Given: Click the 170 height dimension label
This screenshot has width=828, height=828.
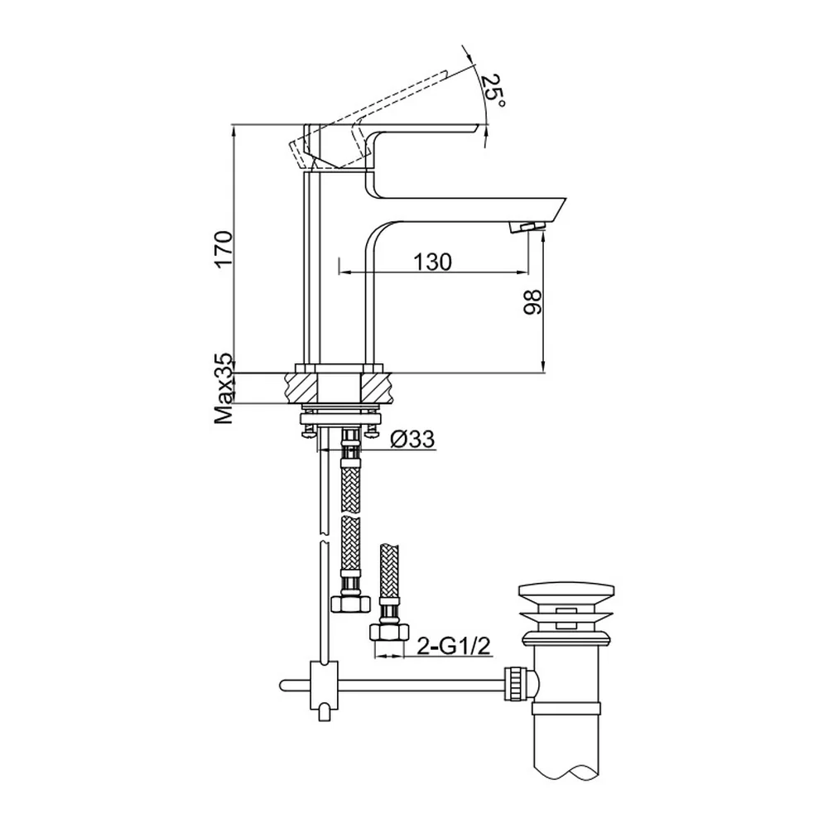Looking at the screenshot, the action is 224,249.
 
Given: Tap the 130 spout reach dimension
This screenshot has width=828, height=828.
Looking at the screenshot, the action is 432,262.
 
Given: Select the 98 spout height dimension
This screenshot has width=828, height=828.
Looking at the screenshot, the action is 532,302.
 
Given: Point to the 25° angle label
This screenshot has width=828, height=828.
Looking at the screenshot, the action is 493,89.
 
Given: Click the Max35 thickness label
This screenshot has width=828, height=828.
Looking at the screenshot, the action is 224,388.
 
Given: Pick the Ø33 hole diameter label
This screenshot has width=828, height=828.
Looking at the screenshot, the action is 412,439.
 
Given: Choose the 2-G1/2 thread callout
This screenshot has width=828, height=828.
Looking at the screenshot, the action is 454,646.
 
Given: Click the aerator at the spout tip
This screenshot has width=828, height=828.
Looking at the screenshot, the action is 527,228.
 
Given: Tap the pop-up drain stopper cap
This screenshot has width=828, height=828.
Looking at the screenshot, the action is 566,596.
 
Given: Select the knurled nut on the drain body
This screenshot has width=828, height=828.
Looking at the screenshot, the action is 514,683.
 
